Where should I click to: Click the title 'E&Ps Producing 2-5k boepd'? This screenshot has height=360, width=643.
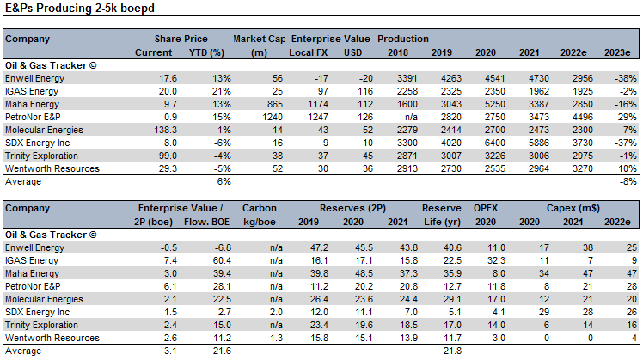point(80,9)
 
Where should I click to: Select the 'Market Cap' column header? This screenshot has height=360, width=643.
point(259,39)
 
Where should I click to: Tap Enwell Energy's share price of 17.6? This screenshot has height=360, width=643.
point(168,78)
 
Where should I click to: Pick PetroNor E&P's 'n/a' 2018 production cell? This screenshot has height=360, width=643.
point(411,117)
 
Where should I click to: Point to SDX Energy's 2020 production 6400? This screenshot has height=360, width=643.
point(494,143)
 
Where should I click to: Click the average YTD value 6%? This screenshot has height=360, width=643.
point(224,181)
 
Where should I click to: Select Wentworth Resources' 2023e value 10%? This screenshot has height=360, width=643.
point(628,168)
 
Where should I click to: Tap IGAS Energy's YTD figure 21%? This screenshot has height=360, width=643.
point(222,91)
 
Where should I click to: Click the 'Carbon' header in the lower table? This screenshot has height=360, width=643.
point(259,208)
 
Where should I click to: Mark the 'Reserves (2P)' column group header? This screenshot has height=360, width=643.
point(352,208)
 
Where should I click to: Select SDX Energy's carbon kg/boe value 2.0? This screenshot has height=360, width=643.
point(277,312)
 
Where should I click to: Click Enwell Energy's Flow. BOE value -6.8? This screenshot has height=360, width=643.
point(223,247)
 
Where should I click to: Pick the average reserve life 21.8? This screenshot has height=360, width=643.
point(452,351)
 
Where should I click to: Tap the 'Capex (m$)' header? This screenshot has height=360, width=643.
point(573,208)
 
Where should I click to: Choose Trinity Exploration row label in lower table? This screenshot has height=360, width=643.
point(41,325)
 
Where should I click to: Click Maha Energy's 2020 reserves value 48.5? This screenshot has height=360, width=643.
point(364,273)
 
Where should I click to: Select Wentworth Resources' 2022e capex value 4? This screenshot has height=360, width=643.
point(634,338)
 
